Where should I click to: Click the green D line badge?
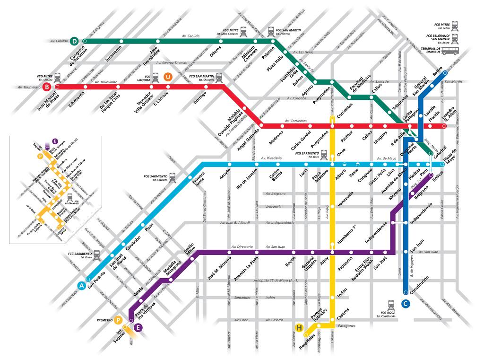(x=74, y=41)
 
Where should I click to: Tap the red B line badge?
(x=47, y=87)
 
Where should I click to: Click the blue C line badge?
(x=406, y=304)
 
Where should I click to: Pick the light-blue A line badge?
(x=82, y=285)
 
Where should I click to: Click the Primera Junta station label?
(x=197, y=182)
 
